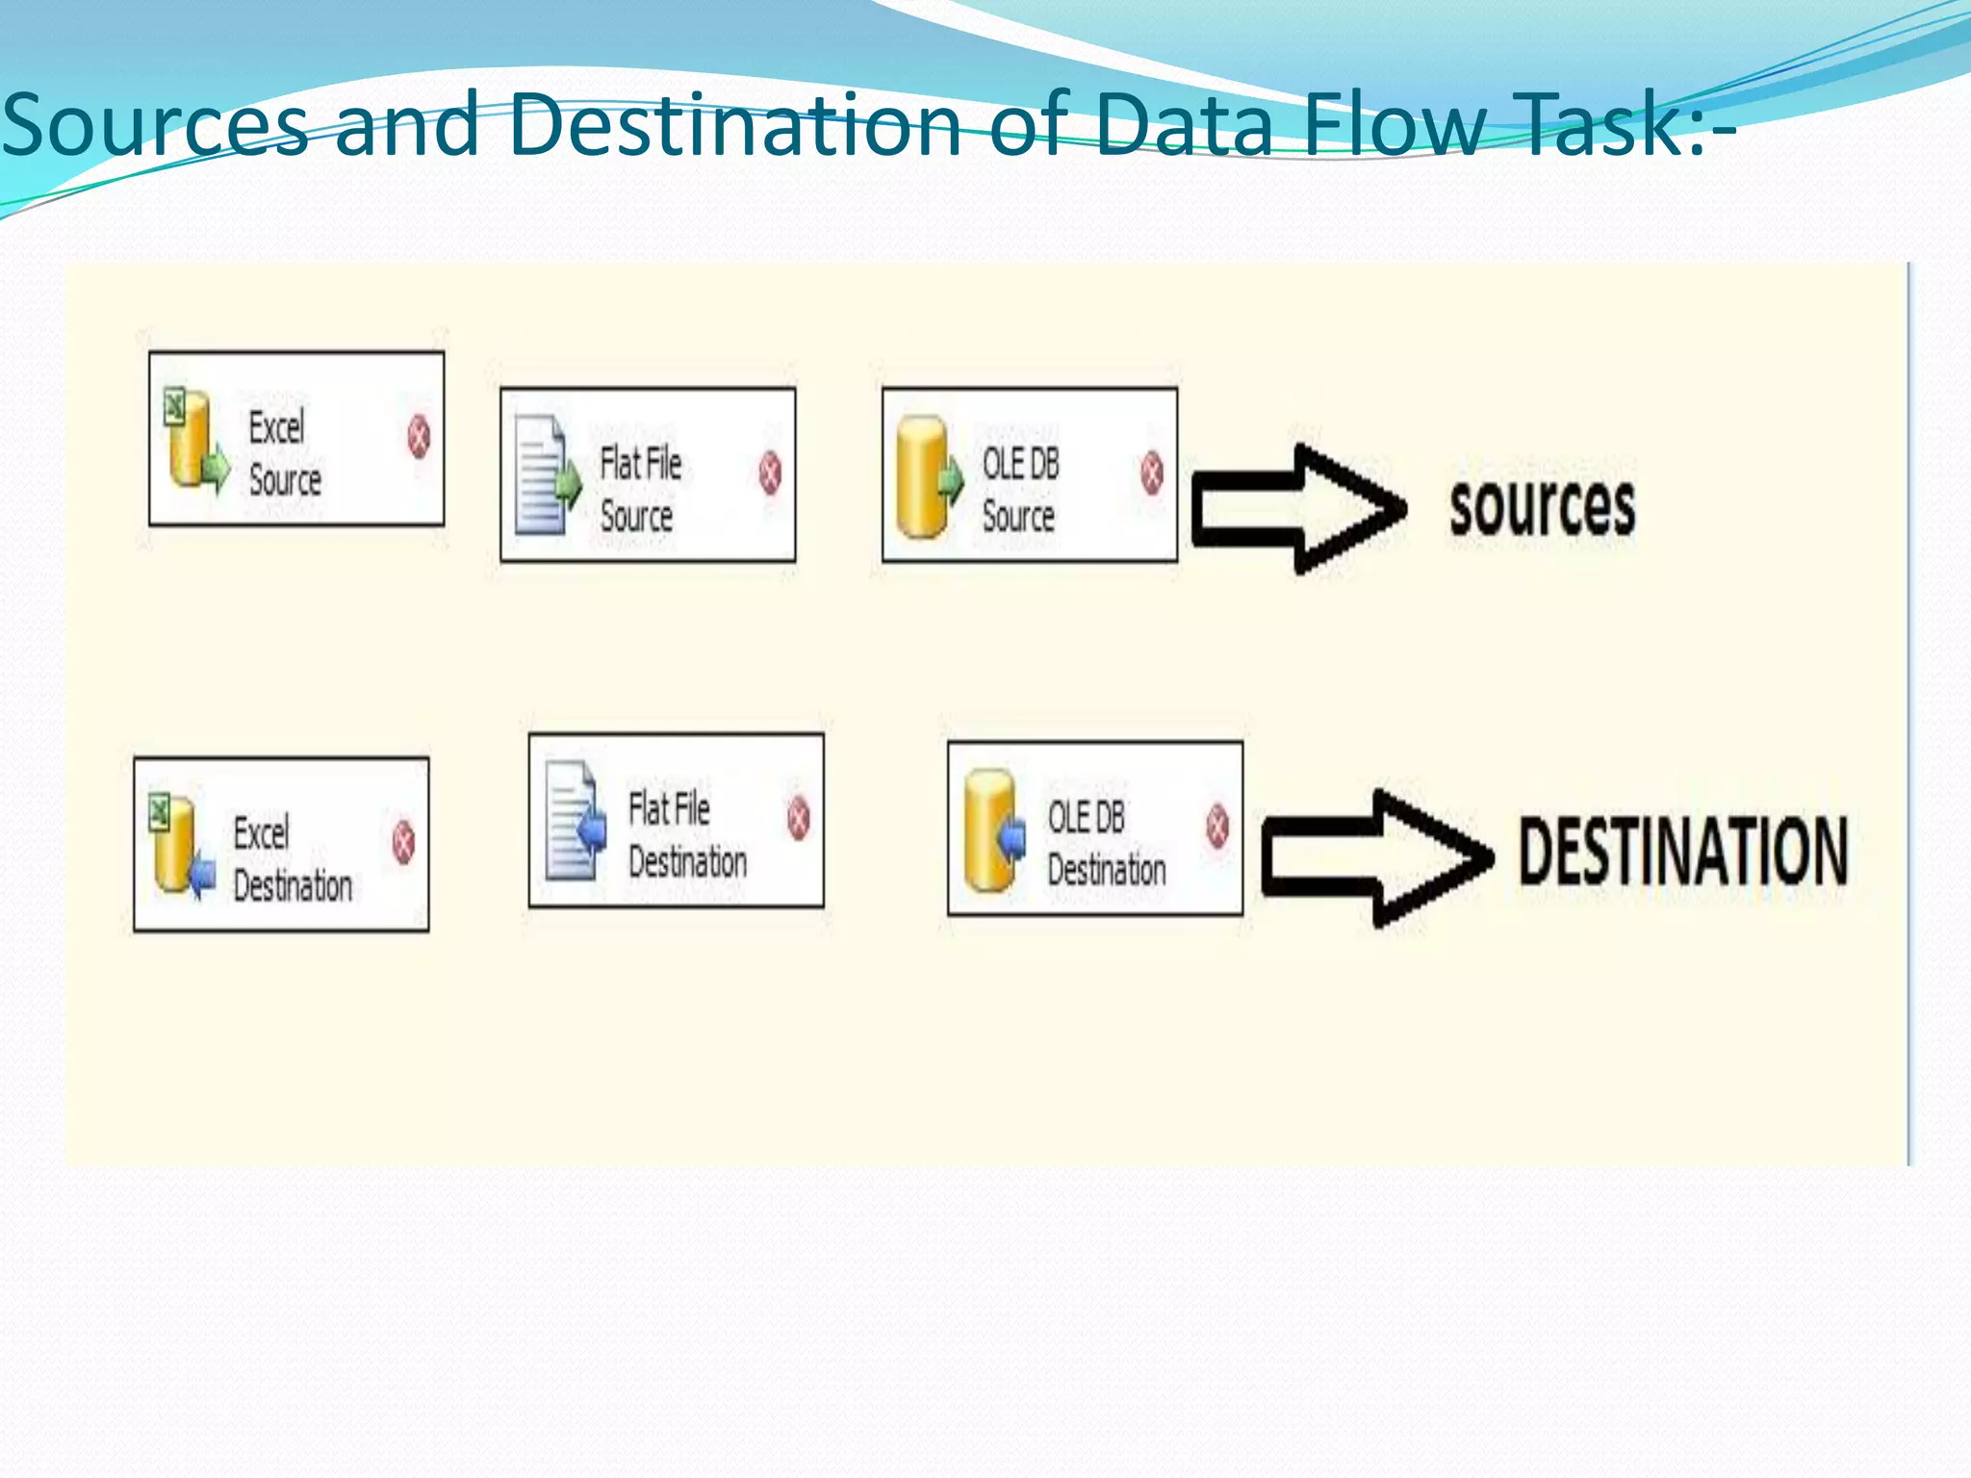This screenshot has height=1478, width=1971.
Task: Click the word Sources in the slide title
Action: click(x=154, y=125)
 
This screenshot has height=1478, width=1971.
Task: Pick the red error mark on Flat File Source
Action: click(x=770, y=472)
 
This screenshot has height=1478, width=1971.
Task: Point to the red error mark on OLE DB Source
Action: click(x=1151, y=472)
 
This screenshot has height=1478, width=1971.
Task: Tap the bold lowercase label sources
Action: click(x=1542, y=507)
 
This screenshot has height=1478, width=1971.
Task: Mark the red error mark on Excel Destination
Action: click(x=403, y=842)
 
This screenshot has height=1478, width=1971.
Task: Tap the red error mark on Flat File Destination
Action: click(x=799, y=818)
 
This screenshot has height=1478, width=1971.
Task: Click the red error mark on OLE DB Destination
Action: click(x=1217, y=826)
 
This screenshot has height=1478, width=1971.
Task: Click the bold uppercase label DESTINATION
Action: click(x=1682, y=852)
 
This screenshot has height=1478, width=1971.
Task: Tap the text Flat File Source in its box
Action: click(x=640, y=489)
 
